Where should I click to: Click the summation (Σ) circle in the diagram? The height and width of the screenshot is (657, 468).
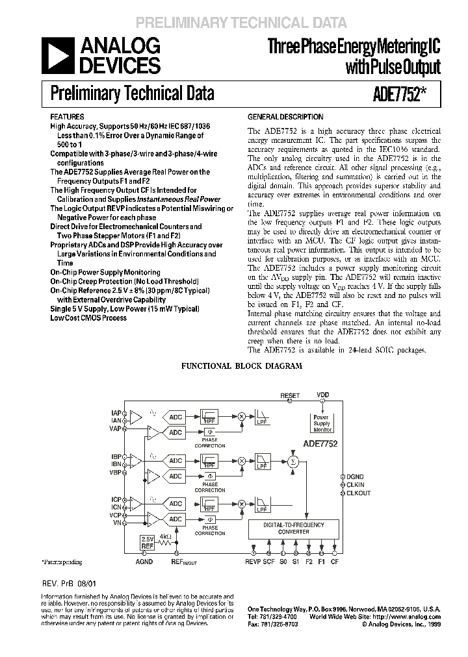[x=293, y=461]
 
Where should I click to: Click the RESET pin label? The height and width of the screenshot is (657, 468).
[x=290, y=395]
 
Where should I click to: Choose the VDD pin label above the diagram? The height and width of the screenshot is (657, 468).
[x=323, y=395]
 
